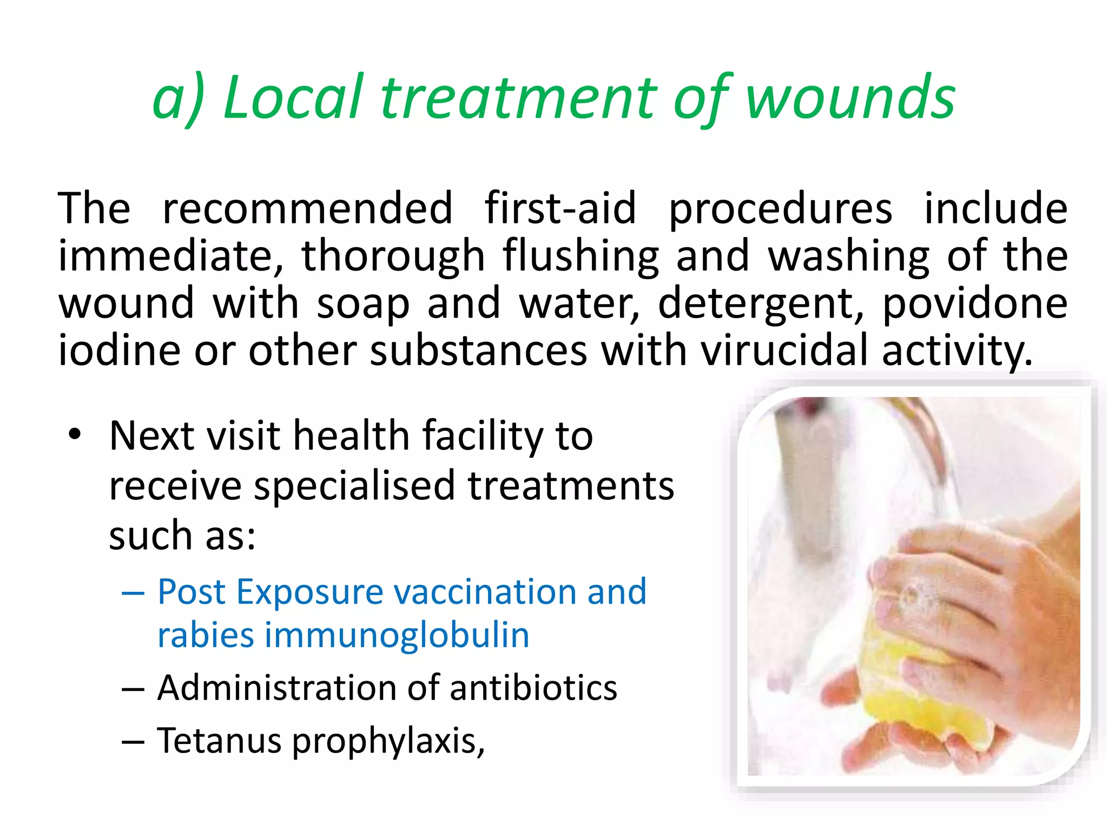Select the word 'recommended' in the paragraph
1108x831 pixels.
coord(307,208)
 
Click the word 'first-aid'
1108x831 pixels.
coord(560,208)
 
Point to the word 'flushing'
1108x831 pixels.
coord(580,255)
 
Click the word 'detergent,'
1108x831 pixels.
coord(760,303)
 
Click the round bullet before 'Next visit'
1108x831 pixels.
coord(75,434)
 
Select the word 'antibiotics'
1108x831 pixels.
coord(533,688)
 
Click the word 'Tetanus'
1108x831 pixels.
coord(219,740)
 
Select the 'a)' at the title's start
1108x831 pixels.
coord(178,99)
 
